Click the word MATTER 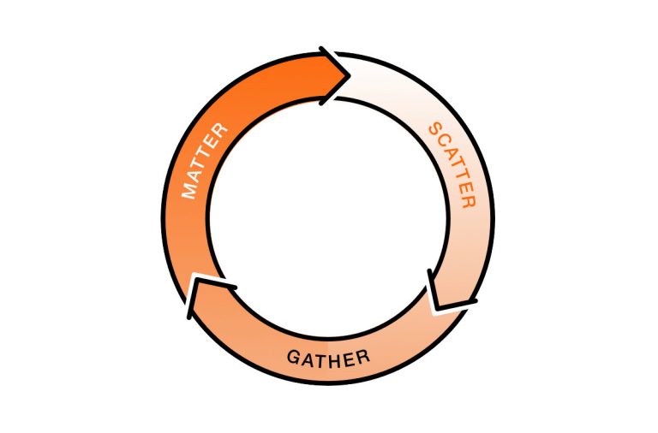(205, 162)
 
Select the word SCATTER (452, 165)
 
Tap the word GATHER (329, 359)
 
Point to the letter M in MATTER (189, 191)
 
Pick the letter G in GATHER (294, 357)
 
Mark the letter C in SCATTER (444, 141)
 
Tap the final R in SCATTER (469, 201)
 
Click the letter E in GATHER (350, 359)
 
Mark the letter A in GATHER (308, 359)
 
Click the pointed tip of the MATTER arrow (350, 75)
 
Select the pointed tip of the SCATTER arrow (437, 309)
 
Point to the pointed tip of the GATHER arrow (194, 277)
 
